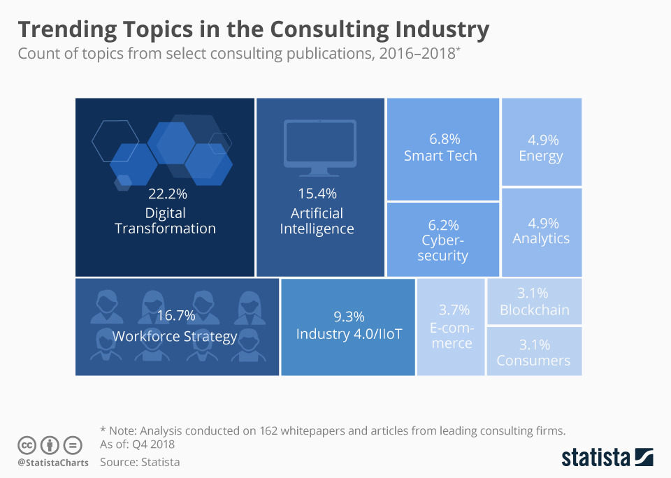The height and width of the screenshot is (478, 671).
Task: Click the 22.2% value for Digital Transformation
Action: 165,193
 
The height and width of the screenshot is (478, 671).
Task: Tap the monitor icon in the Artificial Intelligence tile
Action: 320,147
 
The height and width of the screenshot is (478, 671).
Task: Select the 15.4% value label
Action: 317,193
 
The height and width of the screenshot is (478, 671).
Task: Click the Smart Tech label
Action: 440,156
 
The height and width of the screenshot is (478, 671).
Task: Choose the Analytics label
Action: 541,239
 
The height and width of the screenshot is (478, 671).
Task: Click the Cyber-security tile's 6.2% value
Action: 443,225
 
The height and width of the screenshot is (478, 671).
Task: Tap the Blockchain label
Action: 534,310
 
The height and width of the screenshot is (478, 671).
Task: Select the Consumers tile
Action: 534,352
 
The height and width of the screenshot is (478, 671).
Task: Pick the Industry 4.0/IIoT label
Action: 349,334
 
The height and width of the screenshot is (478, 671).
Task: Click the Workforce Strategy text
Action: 175,337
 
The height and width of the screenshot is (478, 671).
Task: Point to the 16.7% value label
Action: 175,316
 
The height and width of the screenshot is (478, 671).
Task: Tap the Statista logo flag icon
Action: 643,457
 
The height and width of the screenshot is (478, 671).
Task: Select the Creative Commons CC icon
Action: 27,445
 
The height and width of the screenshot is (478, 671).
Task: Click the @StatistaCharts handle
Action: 53,463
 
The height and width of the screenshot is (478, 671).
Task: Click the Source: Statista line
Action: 140,462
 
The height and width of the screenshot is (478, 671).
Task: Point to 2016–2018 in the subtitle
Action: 417,54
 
